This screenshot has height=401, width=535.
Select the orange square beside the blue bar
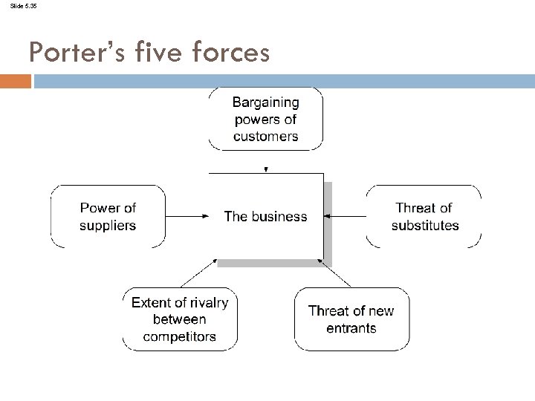click(15, 81)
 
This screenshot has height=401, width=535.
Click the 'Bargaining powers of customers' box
click(265, 119)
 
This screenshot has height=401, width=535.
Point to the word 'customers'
click(265, 136)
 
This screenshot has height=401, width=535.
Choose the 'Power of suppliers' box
click(108, 216)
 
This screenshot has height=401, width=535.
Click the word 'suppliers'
click(108, 225)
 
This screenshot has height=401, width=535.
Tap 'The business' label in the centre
click(265, 217)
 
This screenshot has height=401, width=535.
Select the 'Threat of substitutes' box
click(424, 216)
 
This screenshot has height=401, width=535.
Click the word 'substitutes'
click(424, 225)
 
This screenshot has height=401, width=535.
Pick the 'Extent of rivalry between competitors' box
click(180, 319)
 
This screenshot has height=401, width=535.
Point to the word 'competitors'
click(180, 336)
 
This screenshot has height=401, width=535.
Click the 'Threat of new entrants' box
click(351, 319)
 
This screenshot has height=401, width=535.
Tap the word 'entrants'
click(351, 328)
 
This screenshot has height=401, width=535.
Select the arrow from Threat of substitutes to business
click(346, 216)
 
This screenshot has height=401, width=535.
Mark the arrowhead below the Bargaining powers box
click(266, 169)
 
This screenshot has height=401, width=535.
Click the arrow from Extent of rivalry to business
click(199, 273)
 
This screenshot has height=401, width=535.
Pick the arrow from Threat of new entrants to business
click(334, 273)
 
